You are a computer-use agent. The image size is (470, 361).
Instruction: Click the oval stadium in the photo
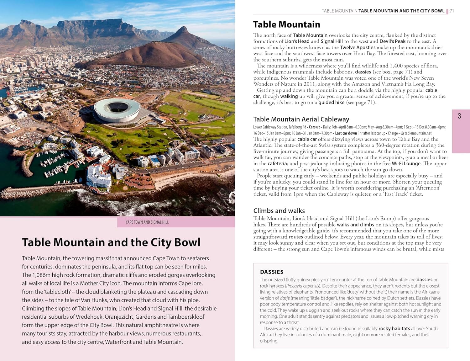click(118, 110)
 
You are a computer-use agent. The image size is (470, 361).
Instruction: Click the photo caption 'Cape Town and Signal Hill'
click(147, 222)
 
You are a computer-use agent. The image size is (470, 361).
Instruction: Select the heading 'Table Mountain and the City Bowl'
click(111, 242)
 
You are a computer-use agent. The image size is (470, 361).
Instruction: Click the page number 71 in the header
click(452, 11)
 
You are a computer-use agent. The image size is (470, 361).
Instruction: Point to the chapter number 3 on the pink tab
click(459, 116)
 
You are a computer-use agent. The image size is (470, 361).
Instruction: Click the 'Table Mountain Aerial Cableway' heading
click(301, 119)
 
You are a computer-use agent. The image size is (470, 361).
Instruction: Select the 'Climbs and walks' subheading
click(279, 211)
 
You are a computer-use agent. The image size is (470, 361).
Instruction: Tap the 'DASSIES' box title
click(272, 272)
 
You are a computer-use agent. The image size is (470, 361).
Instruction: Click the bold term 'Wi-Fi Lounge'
click(406, 163)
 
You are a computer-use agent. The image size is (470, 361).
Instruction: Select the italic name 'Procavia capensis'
click(302, 286)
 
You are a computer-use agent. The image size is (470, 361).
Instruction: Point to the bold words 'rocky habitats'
click(394, 328)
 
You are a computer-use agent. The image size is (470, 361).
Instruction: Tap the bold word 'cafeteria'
click(277, 163)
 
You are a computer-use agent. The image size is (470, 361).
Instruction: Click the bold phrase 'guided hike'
click(331, 102)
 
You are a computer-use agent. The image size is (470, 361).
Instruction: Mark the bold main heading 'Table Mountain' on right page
click(286, 24)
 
